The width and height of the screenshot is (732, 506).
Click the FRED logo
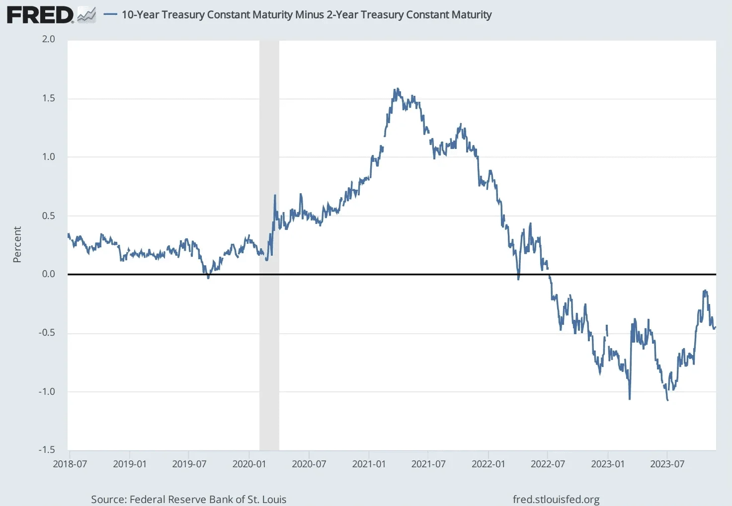click(40, 15)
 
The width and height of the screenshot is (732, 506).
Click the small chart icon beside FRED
click(86, 15)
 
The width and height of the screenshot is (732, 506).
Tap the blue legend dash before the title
click(110, 15)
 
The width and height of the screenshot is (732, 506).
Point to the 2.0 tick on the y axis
click(48, 39)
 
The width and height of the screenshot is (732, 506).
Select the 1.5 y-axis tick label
click(48, 98)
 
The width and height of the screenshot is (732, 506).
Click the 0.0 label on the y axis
click(48, 274)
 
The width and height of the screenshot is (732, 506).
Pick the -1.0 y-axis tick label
click(47, 392)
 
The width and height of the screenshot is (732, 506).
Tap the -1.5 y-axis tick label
click(47, 450)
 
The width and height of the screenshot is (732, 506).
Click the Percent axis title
click(17, 244)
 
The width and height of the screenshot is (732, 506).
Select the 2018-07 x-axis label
click(70, 464)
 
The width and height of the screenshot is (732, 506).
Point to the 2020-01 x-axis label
click(249, 464)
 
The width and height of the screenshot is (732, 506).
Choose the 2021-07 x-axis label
click(428, 464)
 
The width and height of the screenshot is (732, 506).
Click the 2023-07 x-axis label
click(667, 464)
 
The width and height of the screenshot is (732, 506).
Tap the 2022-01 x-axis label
click(488, 464)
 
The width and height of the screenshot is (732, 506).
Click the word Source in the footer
click(107, 500)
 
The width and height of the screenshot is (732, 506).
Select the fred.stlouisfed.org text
click(556, 500)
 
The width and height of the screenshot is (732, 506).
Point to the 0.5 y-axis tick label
click(48, 216)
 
